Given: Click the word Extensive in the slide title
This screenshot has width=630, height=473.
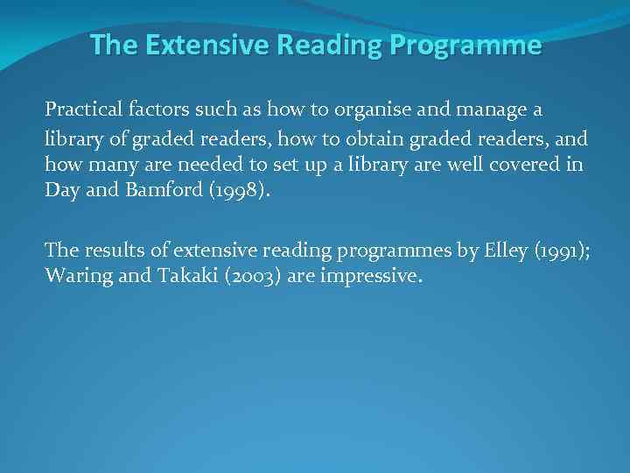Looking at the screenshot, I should (199, 45).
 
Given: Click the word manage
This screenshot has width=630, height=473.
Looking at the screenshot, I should (494, 111).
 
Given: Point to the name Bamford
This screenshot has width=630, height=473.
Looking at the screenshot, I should (149, 191).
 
